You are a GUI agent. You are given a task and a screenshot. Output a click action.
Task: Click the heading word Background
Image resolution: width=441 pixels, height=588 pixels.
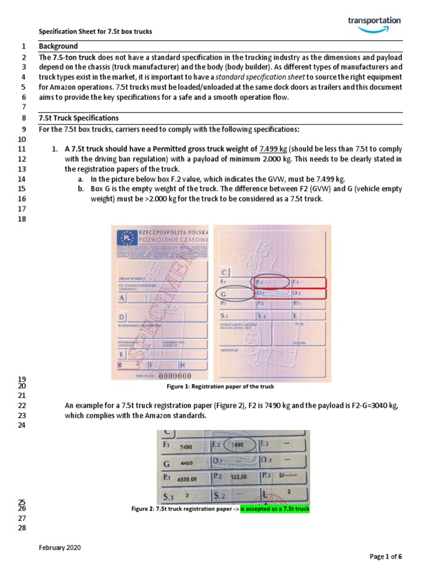[x=58, y=47]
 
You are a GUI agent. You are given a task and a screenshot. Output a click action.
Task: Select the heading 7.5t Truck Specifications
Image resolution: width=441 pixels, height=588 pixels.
[x=79, y=118]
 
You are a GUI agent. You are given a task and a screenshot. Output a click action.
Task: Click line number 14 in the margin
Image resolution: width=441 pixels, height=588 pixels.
[x=23, y=179]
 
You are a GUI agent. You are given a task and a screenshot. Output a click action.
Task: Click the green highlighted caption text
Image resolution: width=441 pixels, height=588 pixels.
[x=274, y=509]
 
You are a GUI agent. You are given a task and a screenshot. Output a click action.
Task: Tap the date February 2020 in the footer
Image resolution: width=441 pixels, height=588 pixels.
[x=60, y=548]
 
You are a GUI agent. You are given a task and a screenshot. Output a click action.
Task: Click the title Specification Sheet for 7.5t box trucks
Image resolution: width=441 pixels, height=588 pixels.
[x=95, y=32]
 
